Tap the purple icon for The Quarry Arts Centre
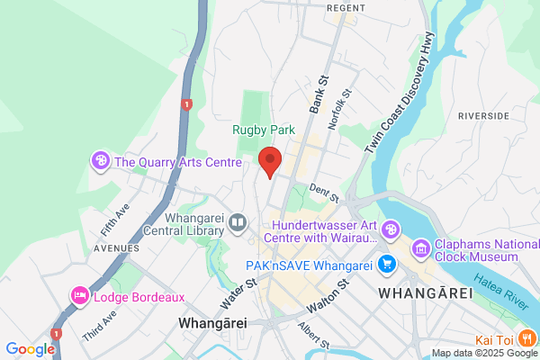coord(101,162)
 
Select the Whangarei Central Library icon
coord(238,221)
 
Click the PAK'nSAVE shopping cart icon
coord(387,264)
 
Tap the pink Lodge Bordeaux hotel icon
coord(80,296)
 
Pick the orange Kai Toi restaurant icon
coord(527,338)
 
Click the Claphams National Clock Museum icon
coord(420,248)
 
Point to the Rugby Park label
coord(264,130)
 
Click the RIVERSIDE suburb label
coord(483,116)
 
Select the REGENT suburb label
coord(346,7)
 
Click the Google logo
coord(30,349)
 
